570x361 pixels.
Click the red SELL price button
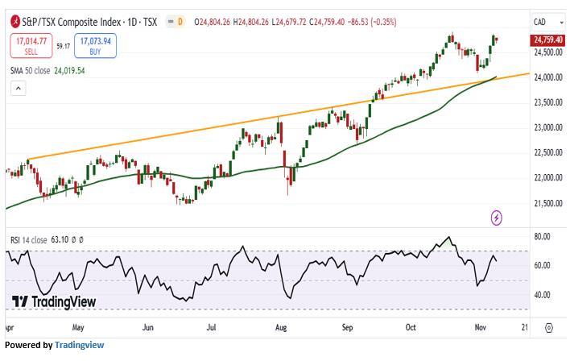pos(31,45)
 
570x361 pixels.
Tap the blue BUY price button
pos(95,45)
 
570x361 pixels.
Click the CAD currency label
pos(541,21)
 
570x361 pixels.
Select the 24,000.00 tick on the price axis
pos(547,77)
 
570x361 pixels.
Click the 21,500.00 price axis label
pos(547,203)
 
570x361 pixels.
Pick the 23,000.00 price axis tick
pos(547,127)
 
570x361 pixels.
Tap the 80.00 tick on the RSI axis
pos(542,237)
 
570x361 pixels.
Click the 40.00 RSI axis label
pos(542,295)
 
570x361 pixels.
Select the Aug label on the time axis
pos(280,328)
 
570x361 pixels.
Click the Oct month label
pos(411,328)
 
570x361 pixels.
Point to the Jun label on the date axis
pos(148,328)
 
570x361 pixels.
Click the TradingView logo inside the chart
pos(54,301)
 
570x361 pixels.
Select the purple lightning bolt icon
pos(497,218)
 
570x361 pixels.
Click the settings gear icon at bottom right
pos(549,328)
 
